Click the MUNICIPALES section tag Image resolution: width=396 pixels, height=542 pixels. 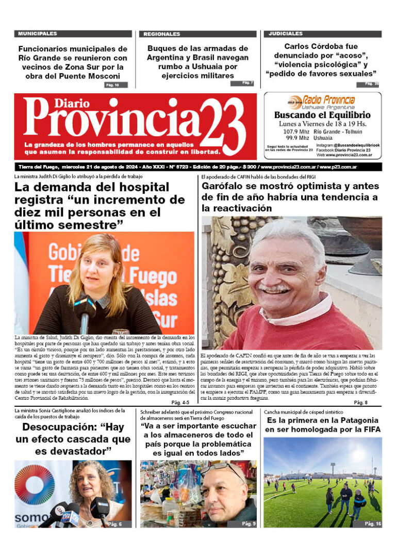tap(38, 34)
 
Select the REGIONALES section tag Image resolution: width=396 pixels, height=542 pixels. tap(162, 34)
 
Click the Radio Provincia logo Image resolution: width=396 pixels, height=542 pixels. tap(322, 100)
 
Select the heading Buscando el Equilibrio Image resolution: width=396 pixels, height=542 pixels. tap(322, 115)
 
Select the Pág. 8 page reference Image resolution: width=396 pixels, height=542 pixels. tap(360, 402)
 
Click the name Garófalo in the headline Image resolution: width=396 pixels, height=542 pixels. tap(226, 186)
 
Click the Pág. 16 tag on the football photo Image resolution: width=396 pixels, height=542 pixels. tap(372, 523)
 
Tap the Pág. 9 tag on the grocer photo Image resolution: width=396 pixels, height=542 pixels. tap(248, 523)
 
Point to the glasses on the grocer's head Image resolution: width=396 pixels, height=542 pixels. tap(222, 470)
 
